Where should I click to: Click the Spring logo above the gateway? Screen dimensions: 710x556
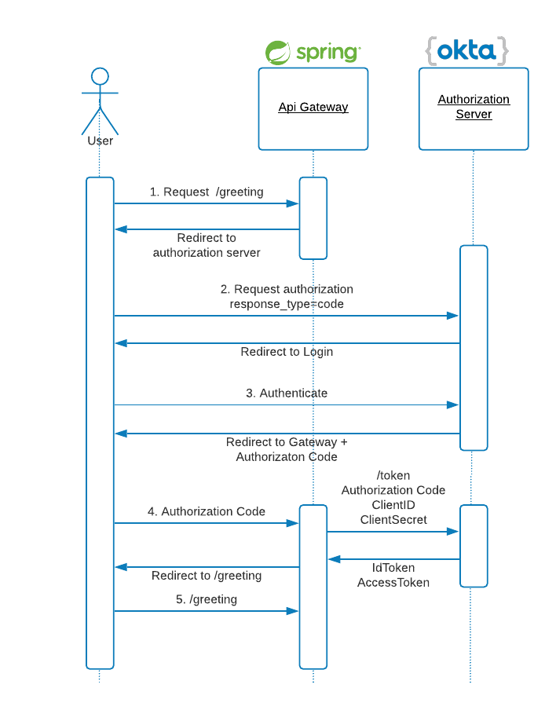(313, 53)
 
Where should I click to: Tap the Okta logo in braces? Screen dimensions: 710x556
(467, 51)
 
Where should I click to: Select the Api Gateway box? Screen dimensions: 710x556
(313, 108)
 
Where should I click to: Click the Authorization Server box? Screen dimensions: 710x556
(474, 108)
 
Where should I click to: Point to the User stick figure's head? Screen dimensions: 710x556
(100, 76)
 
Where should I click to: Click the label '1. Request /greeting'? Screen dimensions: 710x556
(207, 192)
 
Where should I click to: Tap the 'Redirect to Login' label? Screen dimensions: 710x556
(287, 352)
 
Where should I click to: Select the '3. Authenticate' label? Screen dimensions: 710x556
(287, 393)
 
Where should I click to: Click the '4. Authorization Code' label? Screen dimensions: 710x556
(207, 511)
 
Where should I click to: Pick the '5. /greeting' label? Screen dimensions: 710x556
(207, 599)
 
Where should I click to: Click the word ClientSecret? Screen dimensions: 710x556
(393, 519)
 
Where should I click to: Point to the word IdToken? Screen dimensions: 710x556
(393, 567)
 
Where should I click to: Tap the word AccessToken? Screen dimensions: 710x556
(393, 582)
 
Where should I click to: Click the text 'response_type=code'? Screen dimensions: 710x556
(287, 303)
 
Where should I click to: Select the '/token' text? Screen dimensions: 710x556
(393, 475)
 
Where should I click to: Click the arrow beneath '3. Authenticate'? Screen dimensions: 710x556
(287, 405)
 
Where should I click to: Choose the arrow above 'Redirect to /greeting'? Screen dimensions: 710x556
(207, 567)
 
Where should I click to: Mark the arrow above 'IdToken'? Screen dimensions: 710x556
(393, 559)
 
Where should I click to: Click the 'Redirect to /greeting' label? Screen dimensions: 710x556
(207, 576)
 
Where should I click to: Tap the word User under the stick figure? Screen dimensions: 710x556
(100, 141)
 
